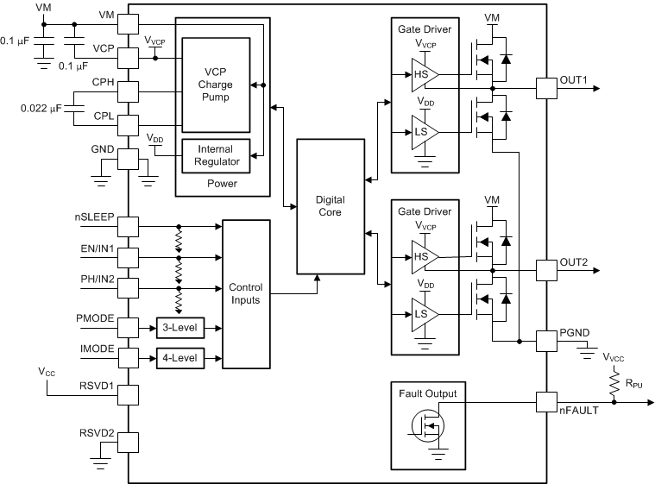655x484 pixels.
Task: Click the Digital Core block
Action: point(332,205)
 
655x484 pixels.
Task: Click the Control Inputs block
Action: point(246,292)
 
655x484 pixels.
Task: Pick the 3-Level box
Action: point(181,328)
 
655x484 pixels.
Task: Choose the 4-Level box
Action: point(181,357)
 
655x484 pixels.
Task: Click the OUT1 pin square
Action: point(546,87)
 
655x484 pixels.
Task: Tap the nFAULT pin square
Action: point(546,401)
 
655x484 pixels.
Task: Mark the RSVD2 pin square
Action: point(128,442)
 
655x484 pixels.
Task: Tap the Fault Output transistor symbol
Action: point(426,424)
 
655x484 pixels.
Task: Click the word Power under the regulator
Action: point(222,183)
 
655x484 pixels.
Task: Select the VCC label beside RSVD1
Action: point(47,372)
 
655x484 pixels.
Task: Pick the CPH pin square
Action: point(128,90)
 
